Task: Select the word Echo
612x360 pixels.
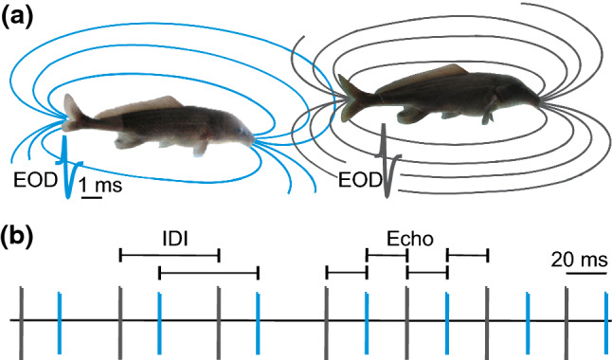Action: coord(408,240)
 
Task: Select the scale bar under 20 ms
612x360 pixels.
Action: coord(586,273)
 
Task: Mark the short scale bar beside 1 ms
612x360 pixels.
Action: coord(90,197)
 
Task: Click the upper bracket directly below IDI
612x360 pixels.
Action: coord(171,254)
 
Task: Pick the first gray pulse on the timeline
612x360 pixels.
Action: coord(20,320)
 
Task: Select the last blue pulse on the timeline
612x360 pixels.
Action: coord(606,320)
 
